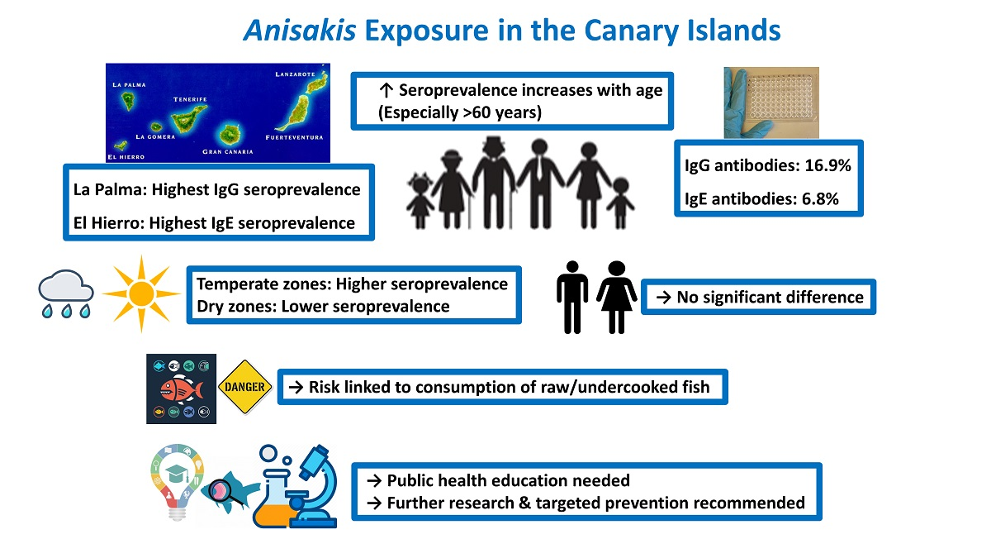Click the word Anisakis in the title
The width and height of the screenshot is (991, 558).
coord(300,30)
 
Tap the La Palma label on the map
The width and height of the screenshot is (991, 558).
coord(129,84)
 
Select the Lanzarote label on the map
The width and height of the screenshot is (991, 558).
coord(295,74)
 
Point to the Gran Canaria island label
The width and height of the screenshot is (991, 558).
coord(228,151)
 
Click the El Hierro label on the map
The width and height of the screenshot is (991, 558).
coord(126,157)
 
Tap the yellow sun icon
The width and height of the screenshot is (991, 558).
coord(141,293)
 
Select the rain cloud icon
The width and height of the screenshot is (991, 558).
coord(66,293)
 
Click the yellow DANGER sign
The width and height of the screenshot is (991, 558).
coord(244,387)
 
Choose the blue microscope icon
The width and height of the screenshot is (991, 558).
coord(312,486)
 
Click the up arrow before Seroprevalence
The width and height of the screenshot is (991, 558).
coord(386,90)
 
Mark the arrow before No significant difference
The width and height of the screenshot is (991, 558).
coord(664,297)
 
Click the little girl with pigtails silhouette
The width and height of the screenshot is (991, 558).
coord(420,201)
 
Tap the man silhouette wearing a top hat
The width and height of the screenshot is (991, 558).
coord(493,182)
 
